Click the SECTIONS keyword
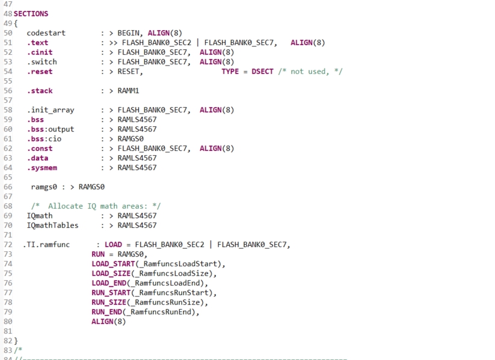point(31,14)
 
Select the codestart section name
point(46,33)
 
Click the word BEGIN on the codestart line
point(130,33)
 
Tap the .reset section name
point(39,72)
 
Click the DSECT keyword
point(262,72)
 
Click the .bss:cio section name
point(44,139)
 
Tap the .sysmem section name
point(42,168)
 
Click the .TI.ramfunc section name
point(48,245)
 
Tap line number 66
point(8,187)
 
